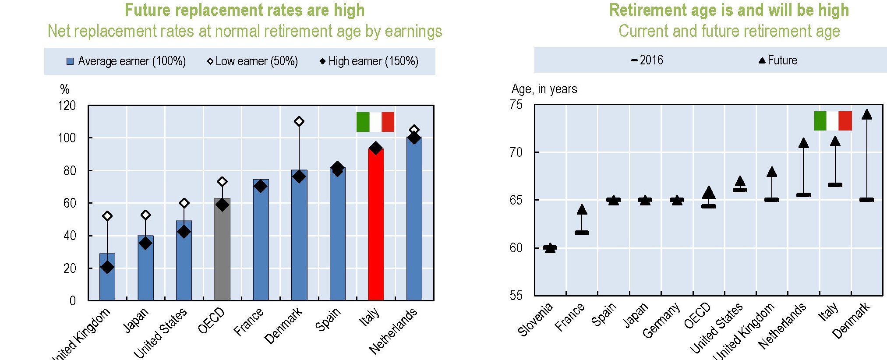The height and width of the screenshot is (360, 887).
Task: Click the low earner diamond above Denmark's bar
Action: (299, 121)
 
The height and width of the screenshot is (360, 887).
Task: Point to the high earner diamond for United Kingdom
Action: (107, 267)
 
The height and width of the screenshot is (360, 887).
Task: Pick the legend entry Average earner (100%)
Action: (126, 61)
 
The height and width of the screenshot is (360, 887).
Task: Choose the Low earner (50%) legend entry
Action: (252, 61)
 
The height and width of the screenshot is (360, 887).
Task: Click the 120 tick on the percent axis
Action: (67, 106)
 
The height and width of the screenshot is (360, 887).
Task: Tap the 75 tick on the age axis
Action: (516, 105)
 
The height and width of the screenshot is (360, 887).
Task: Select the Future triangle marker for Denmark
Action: (866, 115)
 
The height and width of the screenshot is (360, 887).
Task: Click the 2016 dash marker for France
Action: (582, 233)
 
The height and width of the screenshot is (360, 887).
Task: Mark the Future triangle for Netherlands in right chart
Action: (803, 143)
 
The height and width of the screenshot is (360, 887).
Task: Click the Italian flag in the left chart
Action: (375, 122)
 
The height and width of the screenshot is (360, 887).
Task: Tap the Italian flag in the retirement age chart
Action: (833, 121)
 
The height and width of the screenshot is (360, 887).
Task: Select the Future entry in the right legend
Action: (778, 60)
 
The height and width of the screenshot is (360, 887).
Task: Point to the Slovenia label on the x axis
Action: (535, 320)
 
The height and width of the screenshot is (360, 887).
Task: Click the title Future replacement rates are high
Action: (244, 10)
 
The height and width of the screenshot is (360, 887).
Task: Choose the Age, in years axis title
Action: (544, 89)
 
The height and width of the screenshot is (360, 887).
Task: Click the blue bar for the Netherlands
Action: (414, 219)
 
